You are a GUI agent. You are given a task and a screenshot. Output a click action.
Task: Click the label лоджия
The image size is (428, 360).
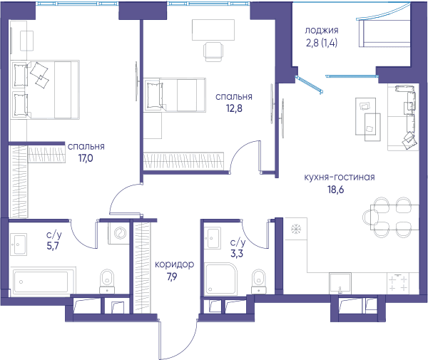coord(321,30)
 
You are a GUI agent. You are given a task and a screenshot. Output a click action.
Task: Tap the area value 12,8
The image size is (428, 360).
coord(234,108)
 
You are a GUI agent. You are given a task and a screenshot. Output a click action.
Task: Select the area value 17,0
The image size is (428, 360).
coord(86,158)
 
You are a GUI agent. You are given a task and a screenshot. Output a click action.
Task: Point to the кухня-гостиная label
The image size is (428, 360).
coord(340,178)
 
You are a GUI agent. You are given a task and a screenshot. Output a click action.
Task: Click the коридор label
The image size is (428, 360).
coord(175,264)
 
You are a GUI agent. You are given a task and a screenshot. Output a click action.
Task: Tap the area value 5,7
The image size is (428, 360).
coord(53,246)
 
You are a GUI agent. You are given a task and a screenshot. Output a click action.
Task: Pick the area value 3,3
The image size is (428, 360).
coord(237,254)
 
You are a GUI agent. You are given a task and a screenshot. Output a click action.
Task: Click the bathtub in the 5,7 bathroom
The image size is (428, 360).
coord(41,282)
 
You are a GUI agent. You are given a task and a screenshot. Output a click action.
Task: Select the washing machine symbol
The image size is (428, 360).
coord(119,233)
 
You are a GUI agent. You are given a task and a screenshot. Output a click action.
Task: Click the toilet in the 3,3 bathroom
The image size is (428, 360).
coord(258,281)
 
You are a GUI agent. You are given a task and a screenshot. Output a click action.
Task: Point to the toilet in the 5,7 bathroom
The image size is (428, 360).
coord(107,281)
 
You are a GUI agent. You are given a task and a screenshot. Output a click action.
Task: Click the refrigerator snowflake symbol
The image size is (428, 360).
coord(296,229)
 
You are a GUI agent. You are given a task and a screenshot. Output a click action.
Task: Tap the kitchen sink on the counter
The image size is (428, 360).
coord(340,283)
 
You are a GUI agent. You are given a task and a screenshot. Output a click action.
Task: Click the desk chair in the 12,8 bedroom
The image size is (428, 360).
coord(213,51)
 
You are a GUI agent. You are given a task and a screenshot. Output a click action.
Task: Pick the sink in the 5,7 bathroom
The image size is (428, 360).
coord(19,245)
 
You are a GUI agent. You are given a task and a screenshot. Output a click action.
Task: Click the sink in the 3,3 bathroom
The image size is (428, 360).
coord(213,238)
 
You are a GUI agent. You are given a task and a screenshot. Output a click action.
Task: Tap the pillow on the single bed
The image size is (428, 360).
coord(154,96)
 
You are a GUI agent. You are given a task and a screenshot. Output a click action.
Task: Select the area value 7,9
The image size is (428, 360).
coord(172,277)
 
